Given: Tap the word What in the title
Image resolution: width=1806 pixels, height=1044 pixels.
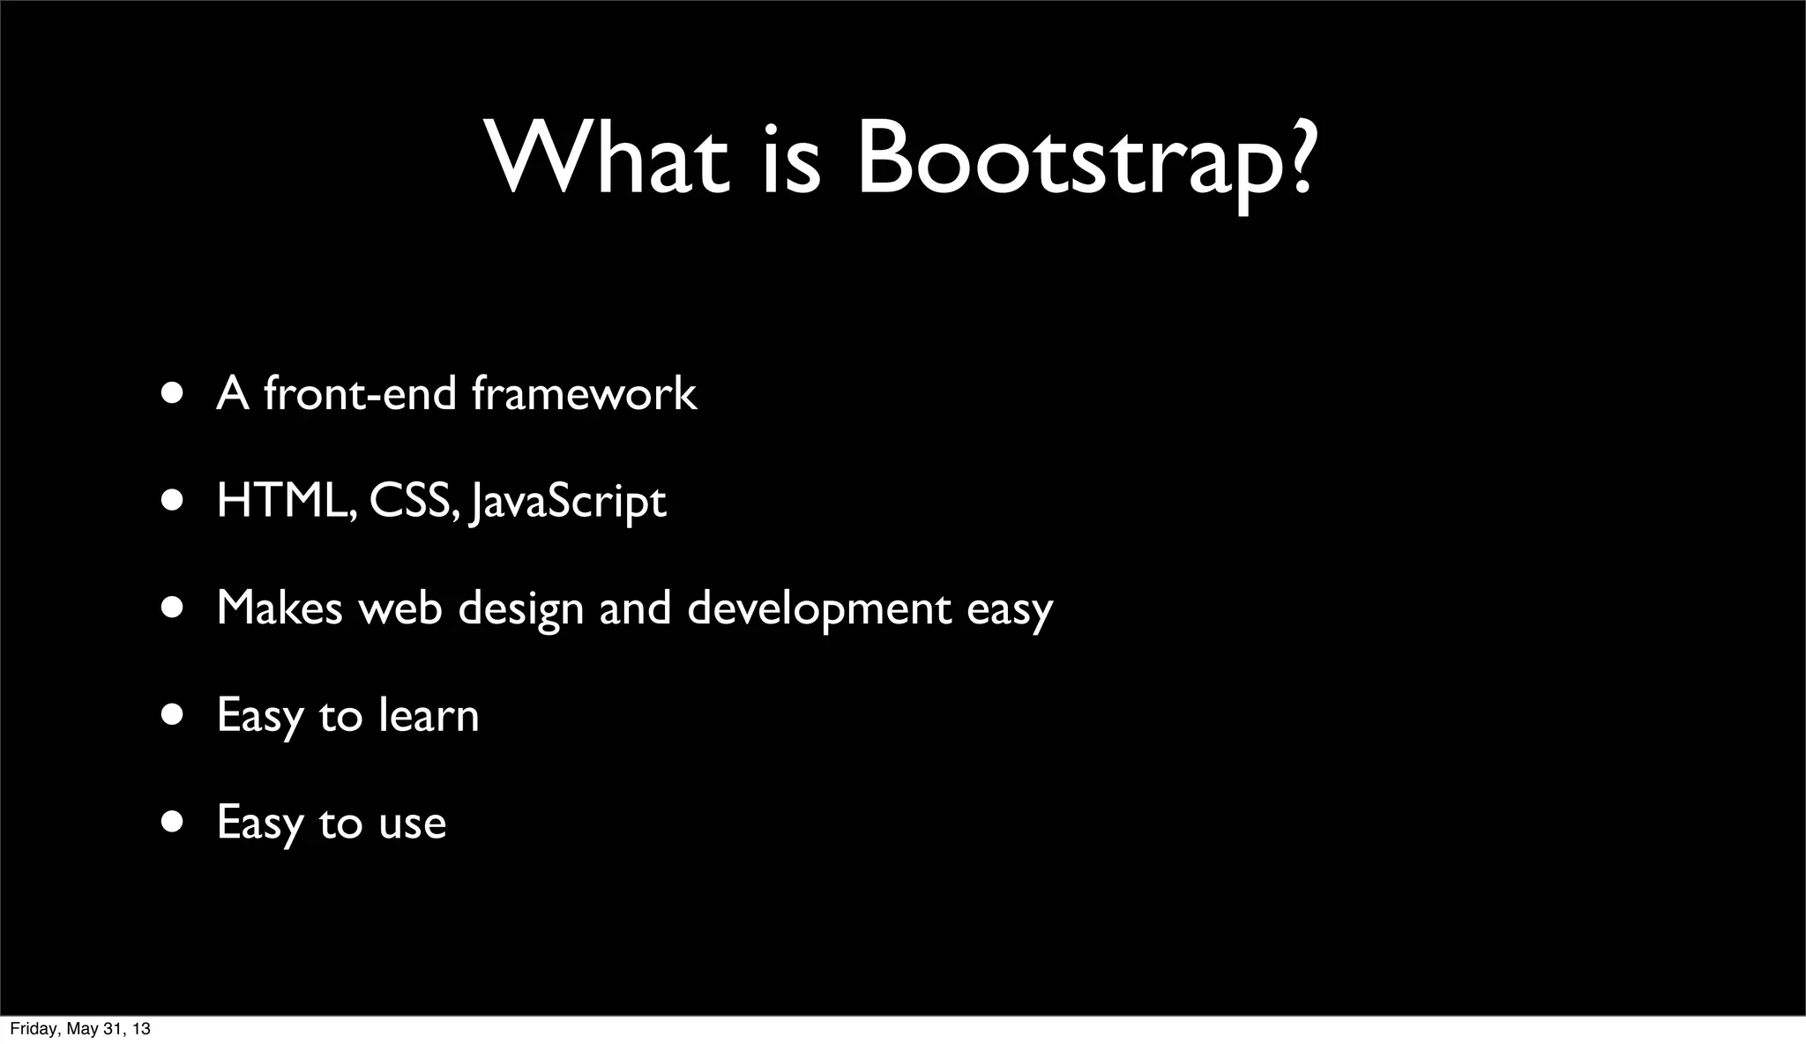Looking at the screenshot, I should (608, 159).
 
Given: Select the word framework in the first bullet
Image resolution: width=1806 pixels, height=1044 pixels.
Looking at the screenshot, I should (584, 393).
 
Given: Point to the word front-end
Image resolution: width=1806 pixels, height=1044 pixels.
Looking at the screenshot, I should (359, 393).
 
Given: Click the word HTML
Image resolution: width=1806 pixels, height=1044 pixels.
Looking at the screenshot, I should (284, 501).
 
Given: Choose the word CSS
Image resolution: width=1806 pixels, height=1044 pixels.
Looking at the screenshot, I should (412, 501).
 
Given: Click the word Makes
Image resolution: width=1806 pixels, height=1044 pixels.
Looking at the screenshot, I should (279, 608).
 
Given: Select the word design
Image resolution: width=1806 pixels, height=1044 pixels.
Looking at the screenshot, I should (520, 609).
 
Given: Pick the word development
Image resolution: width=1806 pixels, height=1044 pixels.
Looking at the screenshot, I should (819, 609).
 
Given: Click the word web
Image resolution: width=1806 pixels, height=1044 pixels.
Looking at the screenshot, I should (400, 608).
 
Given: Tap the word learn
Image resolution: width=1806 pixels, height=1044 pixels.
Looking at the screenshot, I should (429, 715).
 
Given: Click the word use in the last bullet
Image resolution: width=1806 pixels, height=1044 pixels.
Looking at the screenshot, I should (412, 824).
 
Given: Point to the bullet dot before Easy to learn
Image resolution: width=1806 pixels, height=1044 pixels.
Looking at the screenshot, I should (173, 713).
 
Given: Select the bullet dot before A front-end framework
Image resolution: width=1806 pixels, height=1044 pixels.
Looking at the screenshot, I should (173, 392).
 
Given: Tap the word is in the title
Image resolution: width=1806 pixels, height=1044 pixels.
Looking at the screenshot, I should (790, 159).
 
